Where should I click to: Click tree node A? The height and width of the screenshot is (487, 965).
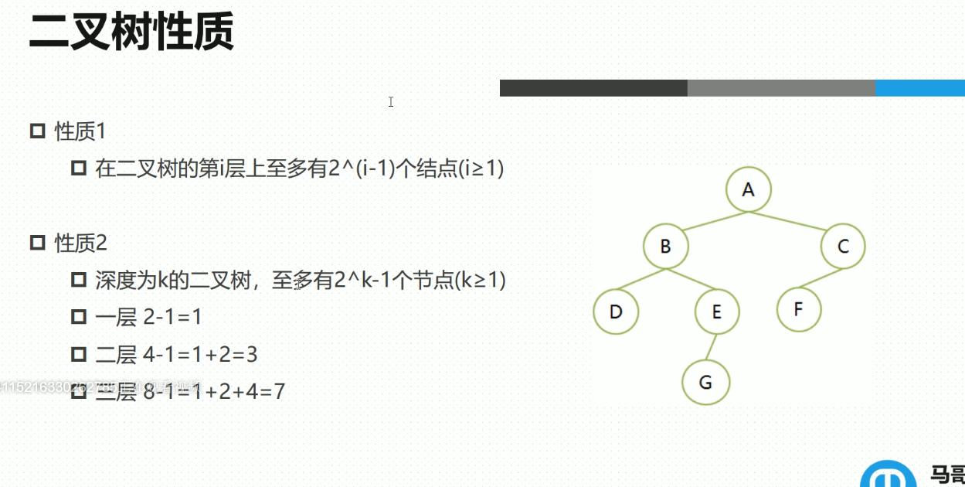pyautogui.click(x=748, y=189)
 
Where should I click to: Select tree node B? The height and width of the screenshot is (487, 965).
pyautogui.click(x=665, y=247)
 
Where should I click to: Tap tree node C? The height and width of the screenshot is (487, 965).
pyautogui.click(x=843, y=247)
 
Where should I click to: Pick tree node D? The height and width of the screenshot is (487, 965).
pyautogui.click(x=616, y=312)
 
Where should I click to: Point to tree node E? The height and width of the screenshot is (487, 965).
pyautogui.click(x=716, y=312)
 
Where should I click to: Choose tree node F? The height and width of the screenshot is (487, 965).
pyautogui.click(x=798, y=309)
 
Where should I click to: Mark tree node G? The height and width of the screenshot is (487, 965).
pyautogui.click(x=705, y=382)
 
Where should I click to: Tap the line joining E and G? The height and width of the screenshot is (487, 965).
pyautogui.click(x=711, y=347)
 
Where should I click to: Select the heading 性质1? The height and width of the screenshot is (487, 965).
pyautogui.click(x=80, y=131)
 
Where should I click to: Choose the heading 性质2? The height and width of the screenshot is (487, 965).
pyautogui.click(x=80, y=243)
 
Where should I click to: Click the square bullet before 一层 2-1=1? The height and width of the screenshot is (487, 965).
pyautogui.click(x=78, y=317)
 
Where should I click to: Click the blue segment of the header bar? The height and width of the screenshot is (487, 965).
pyautogui.click(x=919, y=88)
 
